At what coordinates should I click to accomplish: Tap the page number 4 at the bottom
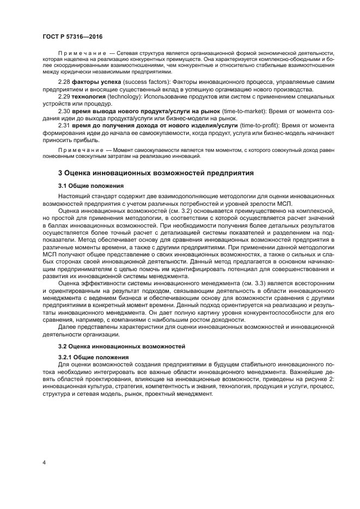(x=43, y=463)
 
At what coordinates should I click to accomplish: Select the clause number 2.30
(x=64, y=111)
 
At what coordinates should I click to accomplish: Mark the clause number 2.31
(x=64, y=125)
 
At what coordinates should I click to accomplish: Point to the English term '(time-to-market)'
(x=240, y=111)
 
